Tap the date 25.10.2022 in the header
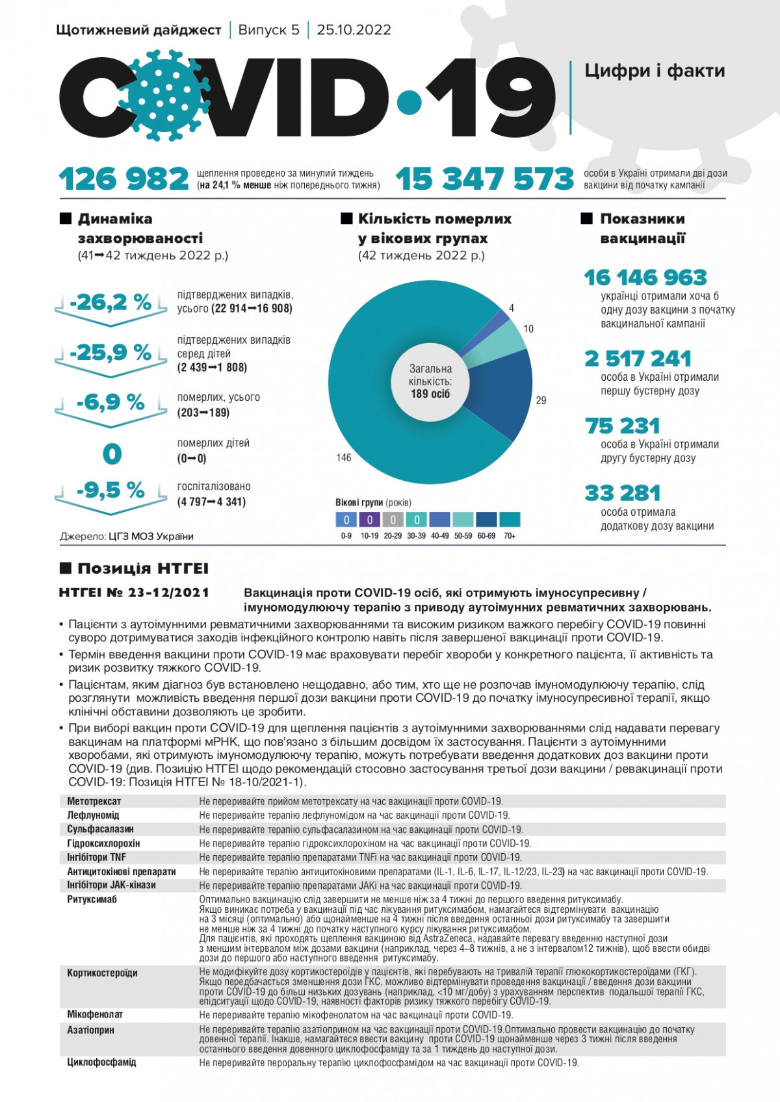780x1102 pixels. coord(354,30)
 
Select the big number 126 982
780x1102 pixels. coord(123,179)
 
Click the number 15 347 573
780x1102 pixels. coord(485,179)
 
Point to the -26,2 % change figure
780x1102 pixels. coord(110,302)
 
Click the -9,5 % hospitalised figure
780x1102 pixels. coord(110,490)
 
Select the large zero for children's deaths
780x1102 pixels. coord(112,454)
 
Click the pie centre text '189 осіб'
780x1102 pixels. coord(430,394)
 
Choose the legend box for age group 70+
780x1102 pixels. coord(510,519)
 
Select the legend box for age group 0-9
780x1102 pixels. coord(346,519)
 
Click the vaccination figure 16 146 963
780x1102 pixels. coord(645,277)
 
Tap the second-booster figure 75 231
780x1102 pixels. coord(622,426)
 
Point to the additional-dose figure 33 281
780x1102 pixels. coord(622,493)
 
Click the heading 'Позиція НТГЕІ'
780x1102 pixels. coord(143,569)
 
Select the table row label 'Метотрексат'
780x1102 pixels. coord(94,801)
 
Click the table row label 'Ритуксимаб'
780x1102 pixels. coord(92,900)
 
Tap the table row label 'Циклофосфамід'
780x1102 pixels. coord(101,1062)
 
